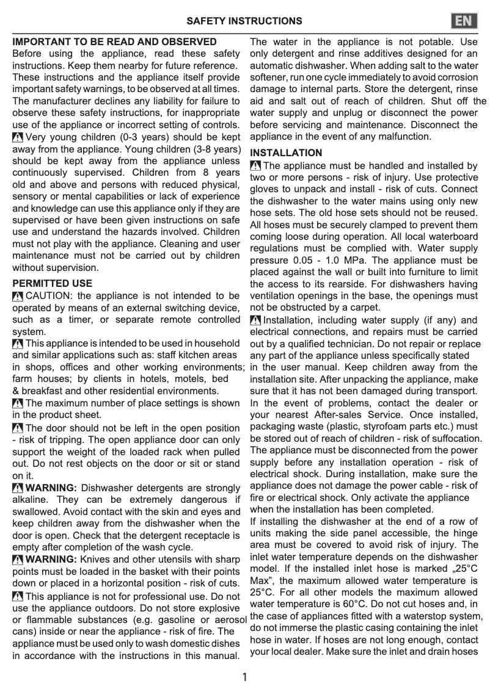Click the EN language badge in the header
[464, 21]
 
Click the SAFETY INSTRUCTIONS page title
[244, 21]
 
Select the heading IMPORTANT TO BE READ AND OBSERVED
[114, 42]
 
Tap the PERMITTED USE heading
[53, 283]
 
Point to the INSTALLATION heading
[286, 153]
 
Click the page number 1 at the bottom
[244, 677]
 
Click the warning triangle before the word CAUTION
[18, 297]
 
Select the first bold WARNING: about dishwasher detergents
[51, 488]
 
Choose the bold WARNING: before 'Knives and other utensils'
[51, 559]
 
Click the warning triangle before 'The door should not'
[18, 428]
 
